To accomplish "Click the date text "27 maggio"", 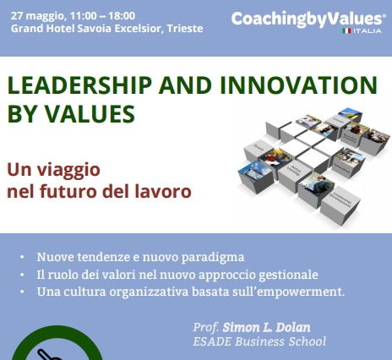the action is tap(38, 16).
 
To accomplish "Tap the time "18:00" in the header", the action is tap(122, 15).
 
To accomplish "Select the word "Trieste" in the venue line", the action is tap(185, 29).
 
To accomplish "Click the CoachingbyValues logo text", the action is tap(307, 19).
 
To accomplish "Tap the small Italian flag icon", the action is tap(346, 30).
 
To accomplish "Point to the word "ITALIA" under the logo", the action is tap(367, 30).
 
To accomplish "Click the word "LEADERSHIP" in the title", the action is tap(79, 85).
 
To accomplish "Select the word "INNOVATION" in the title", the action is tap(298, 85).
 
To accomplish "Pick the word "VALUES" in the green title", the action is tap(90, 114).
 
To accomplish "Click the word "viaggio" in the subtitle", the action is tap(68, 171).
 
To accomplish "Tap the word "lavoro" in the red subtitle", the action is tap(163, 191).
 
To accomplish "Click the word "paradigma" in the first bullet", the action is tap(213, 258).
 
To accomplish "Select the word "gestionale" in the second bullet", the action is tap(288, 275).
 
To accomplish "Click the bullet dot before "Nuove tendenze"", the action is tap(22, 257).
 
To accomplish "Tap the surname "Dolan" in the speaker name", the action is tap(293, 328).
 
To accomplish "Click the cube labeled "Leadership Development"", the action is tap(340, 204).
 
